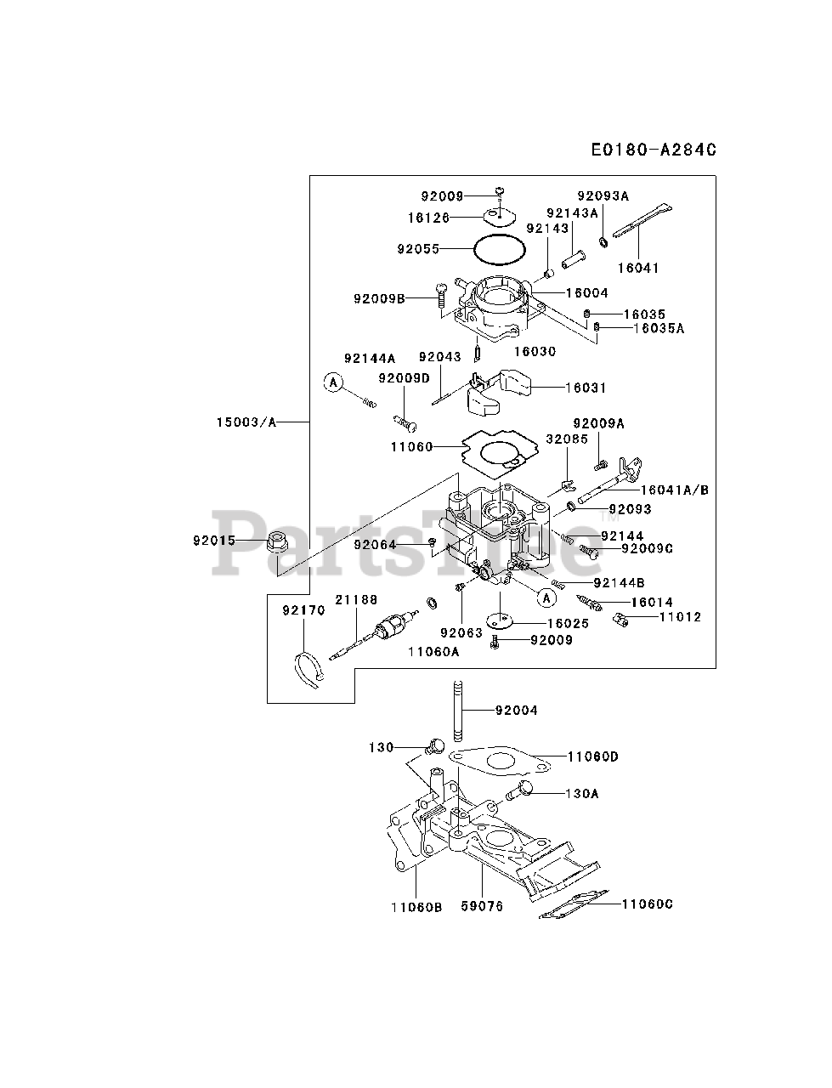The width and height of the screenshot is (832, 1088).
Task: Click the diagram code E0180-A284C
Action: tap(654, 150)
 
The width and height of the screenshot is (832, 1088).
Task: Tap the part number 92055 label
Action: tap(418, 249)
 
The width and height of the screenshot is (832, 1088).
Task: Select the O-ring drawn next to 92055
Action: tap(499, 250)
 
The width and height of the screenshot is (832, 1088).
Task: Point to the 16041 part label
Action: tap(638, 268)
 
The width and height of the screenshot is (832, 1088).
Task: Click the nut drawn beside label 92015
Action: tap(276, 540)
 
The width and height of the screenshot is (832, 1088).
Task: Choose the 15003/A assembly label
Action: tap(246, 421)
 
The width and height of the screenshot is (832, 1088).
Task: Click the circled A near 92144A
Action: tap(334, 383)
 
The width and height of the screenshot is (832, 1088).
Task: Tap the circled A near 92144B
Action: tap(547, 598)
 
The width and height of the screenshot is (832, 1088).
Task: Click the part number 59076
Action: tap(482, 906)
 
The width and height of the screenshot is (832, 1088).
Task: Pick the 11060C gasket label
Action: tap(647, 904)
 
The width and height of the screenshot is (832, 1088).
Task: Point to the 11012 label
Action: tap(680, 616)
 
